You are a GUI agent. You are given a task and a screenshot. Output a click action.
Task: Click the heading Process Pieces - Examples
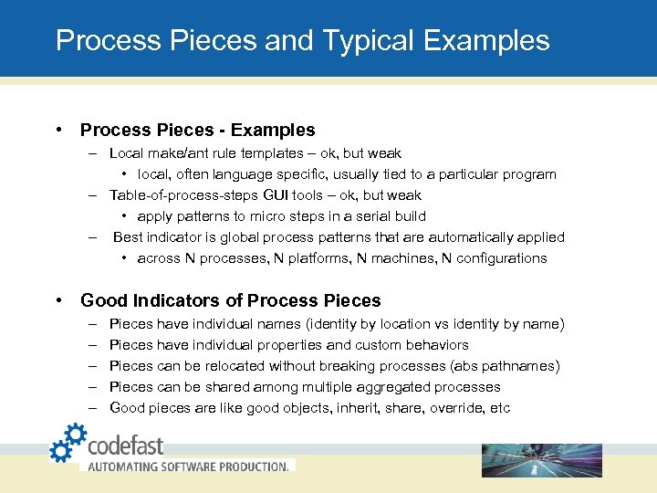pos(197,131)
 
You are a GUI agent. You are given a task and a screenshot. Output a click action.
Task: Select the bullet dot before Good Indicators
pos(58,300)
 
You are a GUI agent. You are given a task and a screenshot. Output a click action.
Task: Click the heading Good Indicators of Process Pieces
pos(231,300)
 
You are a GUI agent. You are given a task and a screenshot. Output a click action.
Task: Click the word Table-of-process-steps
pos(184,195)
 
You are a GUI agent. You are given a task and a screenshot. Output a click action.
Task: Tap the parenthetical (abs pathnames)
pos(507,366)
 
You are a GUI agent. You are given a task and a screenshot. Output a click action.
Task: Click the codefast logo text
pos(125,446)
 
